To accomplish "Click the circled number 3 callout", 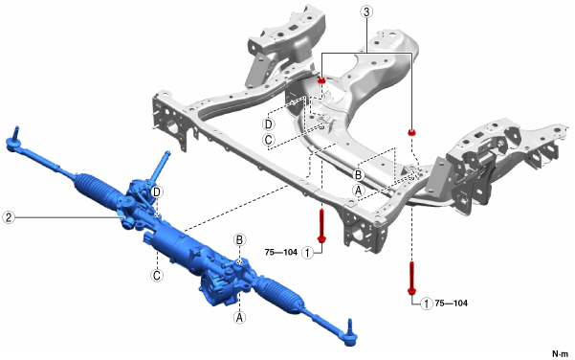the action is (x=366, y=11).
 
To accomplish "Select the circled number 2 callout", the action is (x=9, y=217).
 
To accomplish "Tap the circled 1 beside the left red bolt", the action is (x=307, y=253).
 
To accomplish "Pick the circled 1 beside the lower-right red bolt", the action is (x=426, y=304).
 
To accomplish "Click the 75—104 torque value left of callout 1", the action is (x=281, y=253).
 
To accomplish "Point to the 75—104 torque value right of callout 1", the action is (x=451, y=304).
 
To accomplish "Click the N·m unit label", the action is (x=560, y=353).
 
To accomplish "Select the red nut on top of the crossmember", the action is (x=321, y=80).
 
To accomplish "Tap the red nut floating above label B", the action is (x=412, y=132).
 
